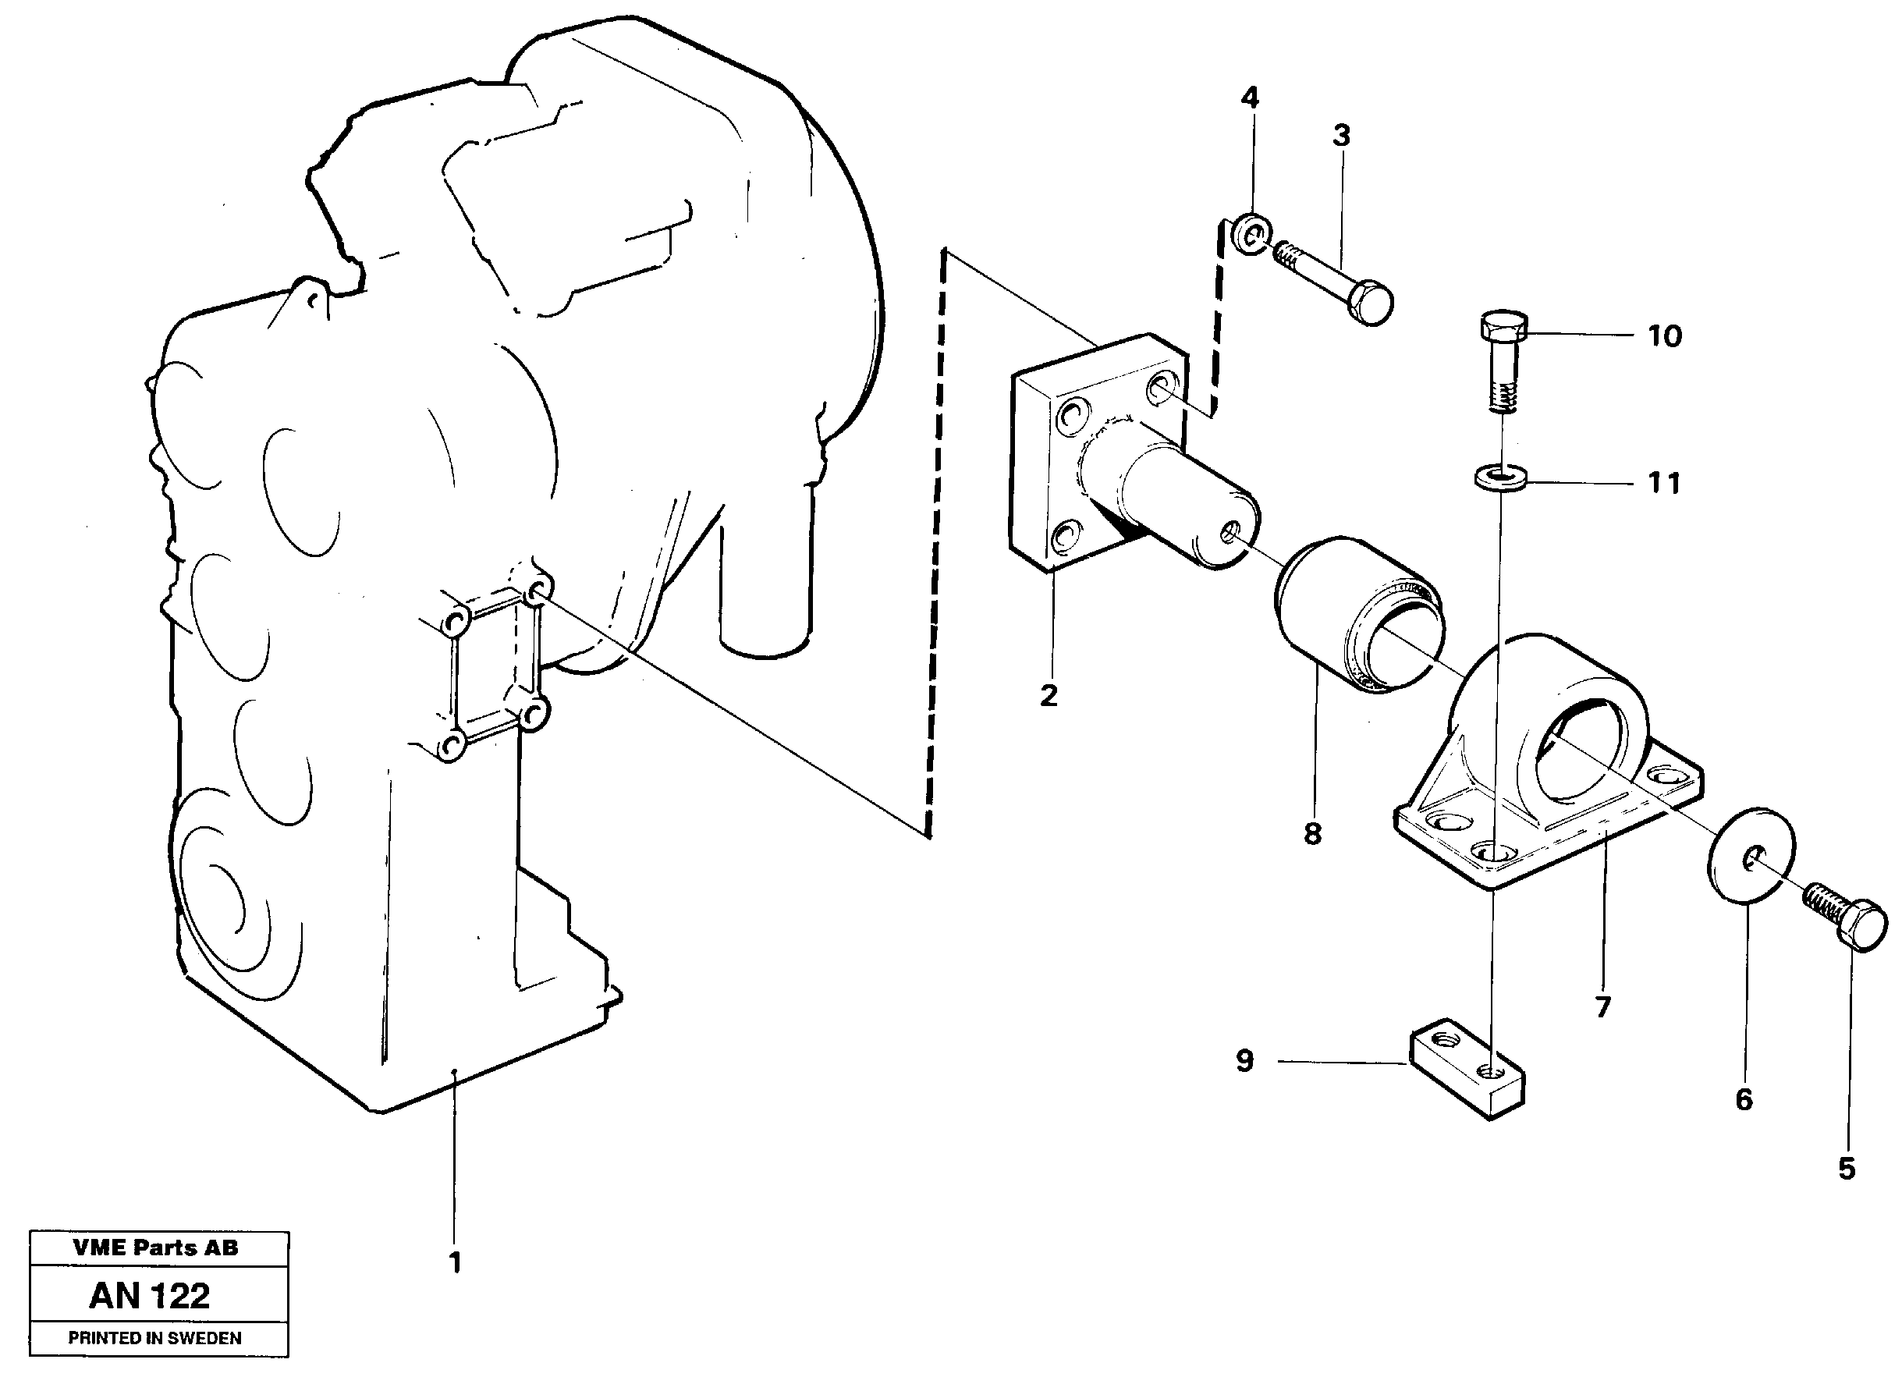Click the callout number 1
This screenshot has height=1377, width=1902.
click(455, 1263)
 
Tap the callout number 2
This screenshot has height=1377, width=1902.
click(1049, 695)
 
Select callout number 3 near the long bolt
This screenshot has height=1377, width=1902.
click(1341, 135)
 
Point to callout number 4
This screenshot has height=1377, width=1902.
click(1250, 99)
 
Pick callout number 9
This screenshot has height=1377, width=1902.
click(1244, 1061)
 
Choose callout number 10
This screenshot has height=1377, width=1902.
click(1664, 336)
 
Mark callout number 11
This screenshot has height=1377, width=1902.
click(1664, 483)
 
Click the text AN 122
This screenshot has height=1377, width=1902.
click(150, 1296)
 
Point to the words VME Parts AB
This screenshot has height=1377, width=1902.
click(156, 1247)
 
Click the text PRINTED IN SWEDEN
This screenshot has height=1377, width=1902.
click(155, 1339)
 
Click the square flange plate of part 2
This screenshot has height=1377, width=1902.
click(1040, 470)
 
